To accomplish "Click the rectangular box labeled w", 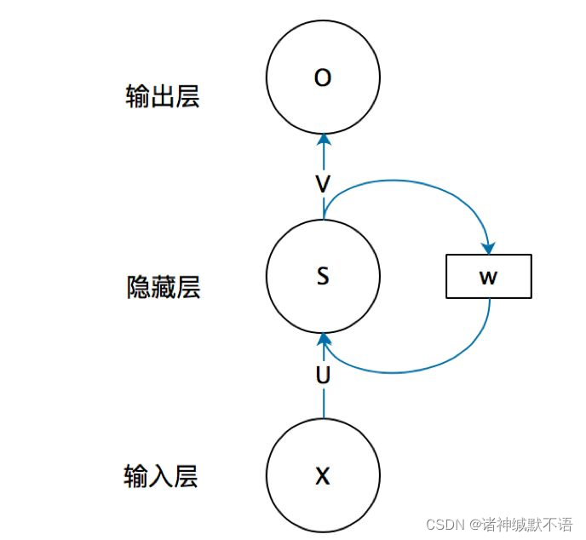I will coord(488,277).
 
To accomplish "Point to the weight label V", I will coord(322,185).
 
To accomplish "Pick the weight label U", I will coord(323,375).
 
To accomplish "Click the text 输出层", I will coord(162,96).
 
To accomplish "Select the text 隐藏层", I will coord(163,288).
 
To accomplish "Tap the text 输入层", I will coord(161,476).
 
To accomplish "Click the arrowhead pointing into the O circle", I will coord(322,141).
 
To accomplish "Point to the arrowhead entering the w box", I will coord(488,248).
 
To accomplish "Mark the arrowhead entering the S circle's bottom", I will coord(323,339).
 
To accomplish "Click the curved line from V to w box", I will coord(409,182).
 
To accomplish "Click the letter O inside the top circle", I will coord(322,78).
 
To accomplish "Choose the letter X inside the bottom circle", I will coord(322,476).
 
